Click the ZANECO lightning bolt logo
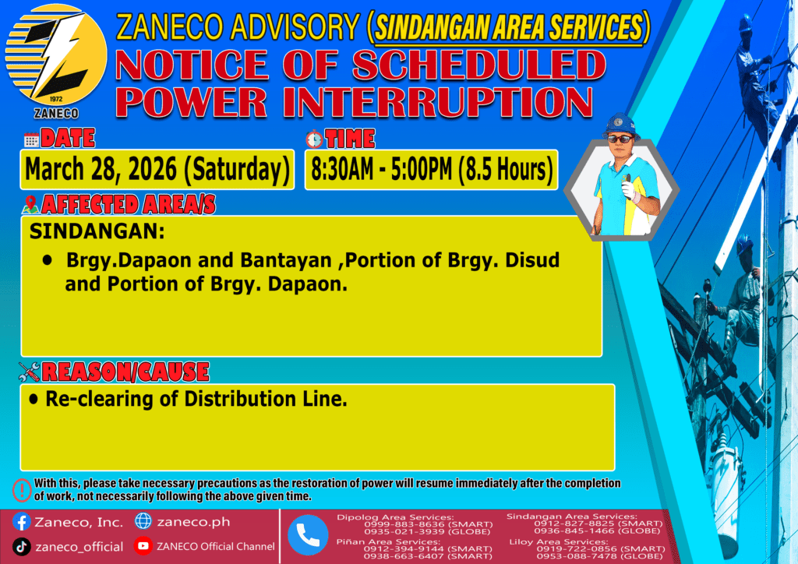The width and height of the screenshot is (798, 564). point(56,55)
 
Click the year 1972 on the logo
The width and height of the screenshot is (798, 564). point(56,99)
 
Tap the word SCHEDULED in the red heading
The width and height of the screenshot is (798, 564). point(478,65)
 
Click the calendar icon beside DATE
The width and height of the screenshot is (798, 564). point(31,140)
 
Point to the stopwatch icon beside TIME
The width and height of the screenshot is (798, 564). point(314,139)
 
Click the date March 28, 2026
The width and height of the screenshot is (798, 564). point(101,169)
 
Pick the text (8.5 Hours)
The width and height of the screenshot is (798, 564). point(505,169)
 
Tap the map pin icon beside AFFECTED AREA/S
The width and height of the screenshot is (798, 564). point(30,204)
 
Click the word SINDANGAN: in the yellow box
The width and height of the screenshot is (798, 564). point(97,231)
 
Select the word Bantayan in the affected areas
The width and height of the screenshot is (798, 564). point(285,260)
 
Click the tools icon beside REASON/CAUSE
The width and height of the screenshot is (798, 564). point(29,372)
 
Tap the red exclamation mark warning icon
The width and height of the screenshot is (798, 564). point(22,490)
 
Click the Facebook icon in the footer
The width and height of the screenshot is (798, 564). point(21,521)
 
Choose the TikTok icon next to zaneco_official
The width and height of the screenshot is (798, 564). point(21,547)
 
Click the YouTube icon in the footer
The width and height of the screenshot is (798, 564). point(143,546)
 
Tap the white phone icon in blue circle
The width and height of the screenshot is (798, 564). point(307,535)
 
